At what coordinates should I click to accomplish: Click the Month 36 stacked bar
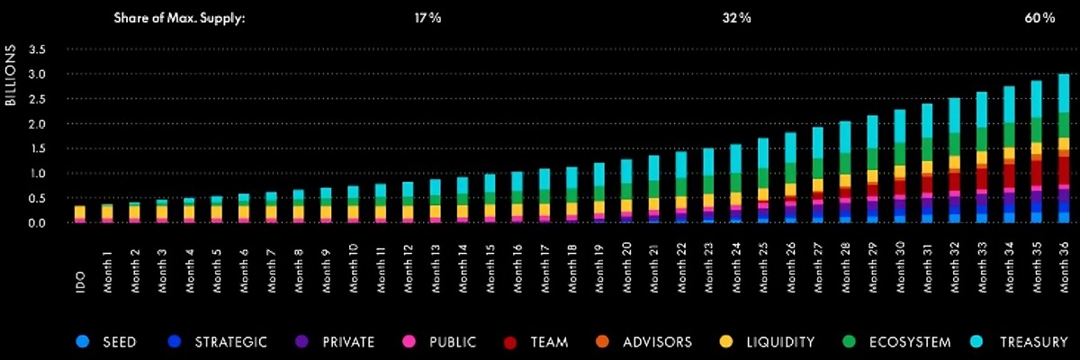1063,148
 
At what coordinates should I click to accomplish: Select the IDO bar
80,214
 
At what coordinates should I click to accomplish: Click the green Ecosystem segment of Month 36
1063,125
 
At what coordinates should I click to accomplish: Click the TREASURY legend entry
1025,342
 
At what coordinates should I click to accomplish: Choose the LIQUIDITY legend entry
770,342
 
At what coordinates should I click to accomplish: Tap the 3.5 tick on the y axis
37,49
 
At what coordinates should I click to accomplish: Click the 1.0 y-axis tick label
37,174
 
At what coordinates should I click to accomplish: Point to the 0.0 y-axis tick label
37,223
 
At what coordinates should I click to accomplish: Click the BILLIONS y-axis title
12,76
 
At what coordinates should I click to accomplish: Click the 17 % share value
428,18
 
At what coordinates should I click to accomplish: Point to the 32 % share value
736,18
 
